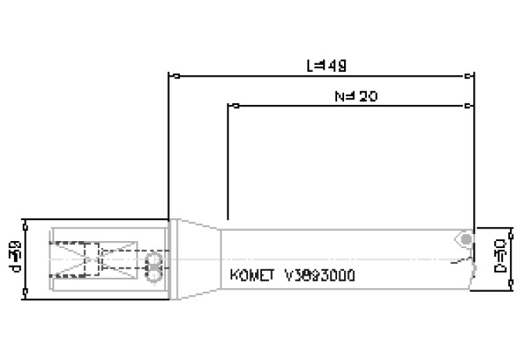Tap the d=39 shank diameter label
click(x=15, y=257)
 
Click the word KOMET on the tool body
click(x=253, y=275)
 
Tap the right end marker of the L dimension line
click(x=468, y=77)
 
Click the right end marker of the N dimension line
click(x=468, y=104)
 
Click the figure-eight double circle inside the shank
click(x=153, y=264)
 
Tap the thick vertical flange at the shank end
click(x=169, y=257)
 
